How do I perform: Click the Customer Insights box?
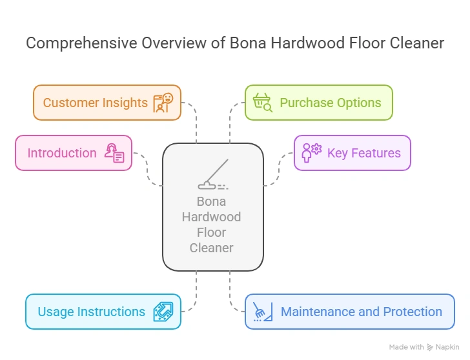107,103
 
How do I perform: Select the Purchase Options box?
318,103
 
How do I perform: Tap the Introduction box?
73,153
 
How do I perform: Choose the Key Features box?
352,153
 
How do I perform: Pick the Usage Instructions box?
103,312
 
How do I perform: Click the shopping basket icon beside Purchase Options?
263,103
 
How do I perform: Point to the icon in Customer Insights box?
163,103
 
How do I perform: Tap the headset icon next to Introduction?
114,154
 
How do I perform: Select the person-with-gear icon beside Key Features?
311,153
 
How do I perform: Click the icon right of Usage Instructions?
163,312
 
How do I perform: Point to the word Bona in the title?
249,43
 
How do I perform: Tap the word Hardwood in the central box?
211,217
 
